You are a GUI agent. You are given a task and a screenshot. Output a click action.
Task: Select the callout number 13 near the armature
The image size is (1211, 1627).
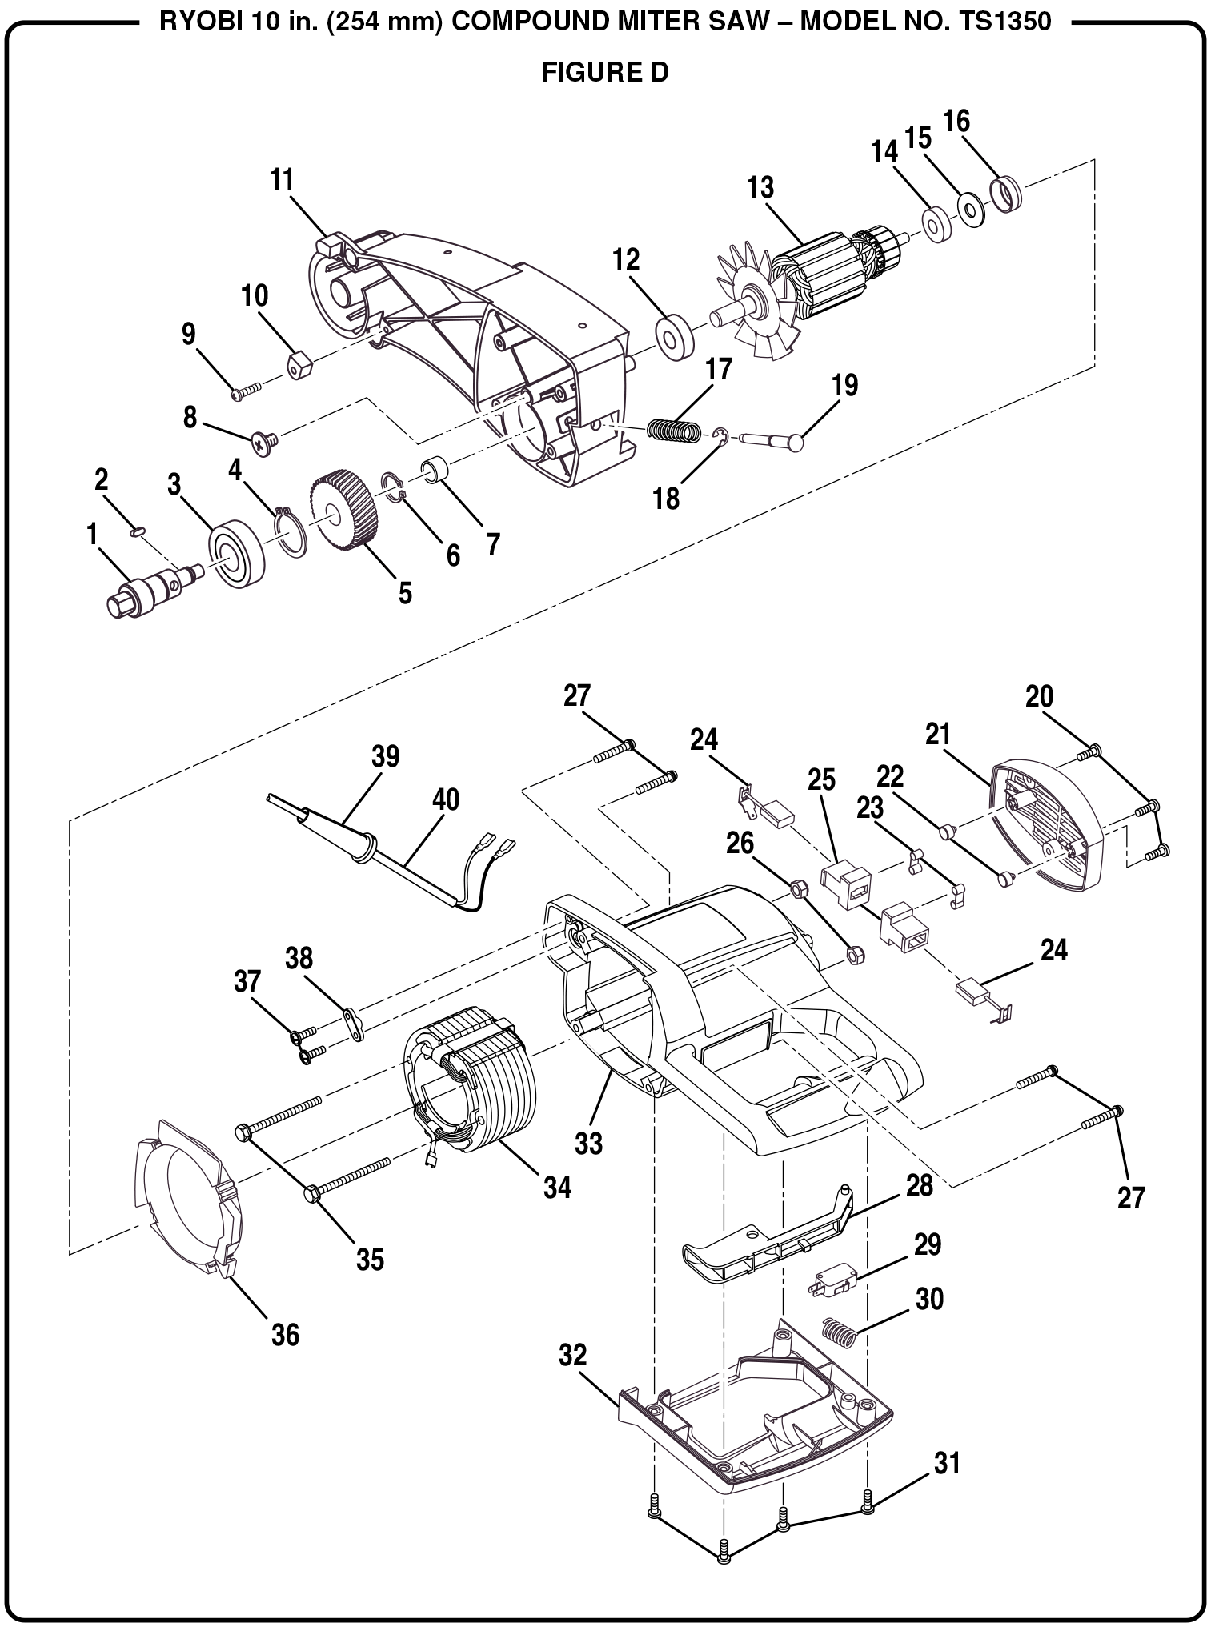tap(760, 188)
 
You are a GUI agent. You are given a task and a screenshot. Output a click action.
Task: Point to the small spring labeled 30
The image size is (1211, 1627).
tap(840, 1332)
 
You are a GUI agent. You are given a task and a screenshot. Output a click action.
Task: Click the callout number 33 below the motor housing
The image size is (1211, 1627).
tap(589, 1144)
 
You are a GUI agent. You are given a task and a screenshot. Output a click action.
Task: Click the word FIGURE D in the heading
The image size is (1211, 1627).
tap(605, 73)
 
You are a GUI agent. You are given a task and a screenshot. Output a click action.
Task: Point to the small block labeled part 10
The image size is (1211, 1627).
tap(299, 367)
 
